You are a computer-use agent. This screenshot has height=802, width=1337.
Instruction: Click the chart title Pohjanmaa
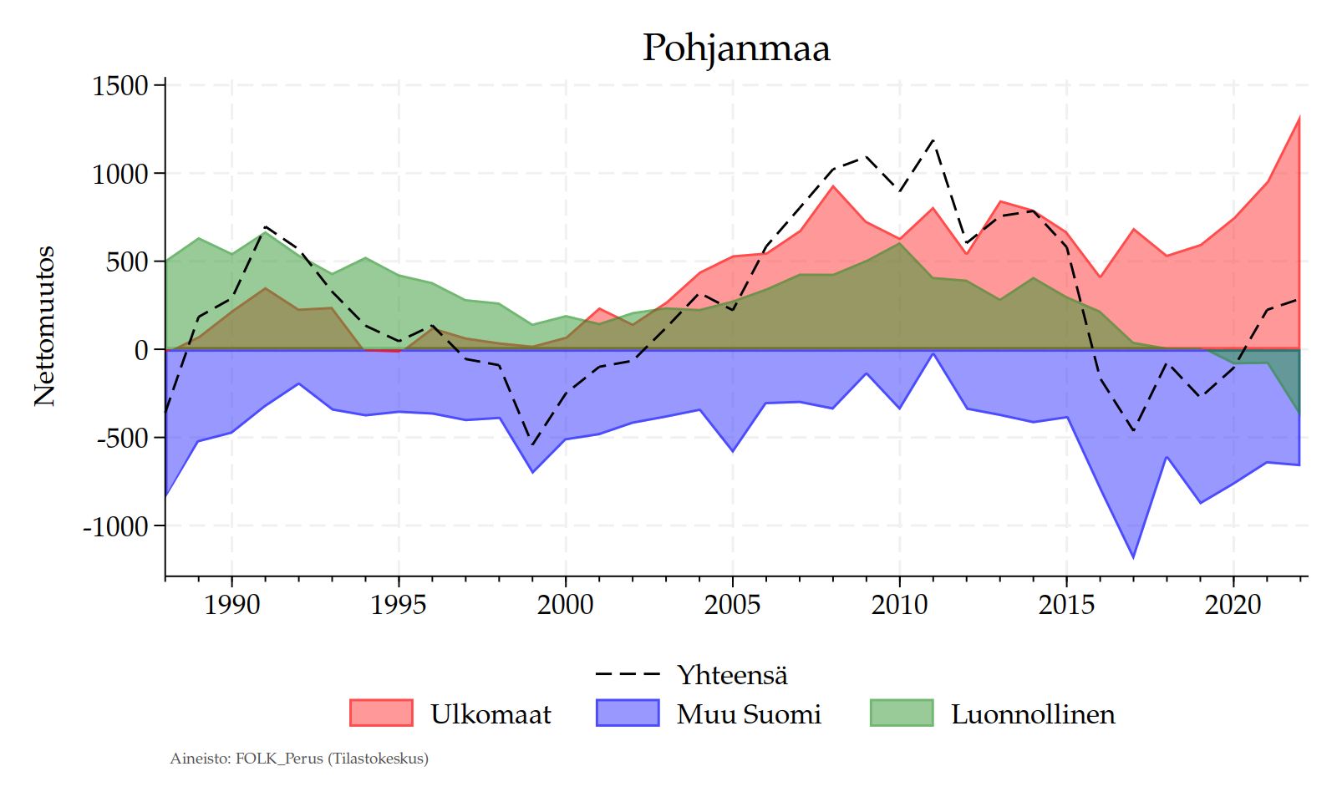coord(735,48)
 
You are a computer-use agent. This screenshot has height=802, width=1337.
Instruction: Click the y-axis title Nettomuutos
coord(44,326)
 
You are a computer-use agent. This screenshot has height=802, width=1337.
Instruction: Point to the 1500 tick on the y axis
coord(120,85)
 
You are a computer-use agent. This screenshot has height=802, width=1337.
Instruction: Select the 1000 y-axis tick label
coord(120,174)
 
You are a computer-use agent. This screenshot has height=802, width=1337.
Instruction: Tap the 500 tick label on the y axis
coord(128,261)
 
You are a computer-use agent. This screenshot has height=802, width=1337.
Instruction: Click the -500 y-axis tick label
coord(122,438)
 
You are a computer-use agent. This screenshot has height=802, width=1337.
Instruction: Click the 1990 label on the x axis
coord(231,604)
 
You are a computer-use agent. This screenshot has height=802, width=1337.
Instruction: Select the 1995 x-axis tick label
coord(399,604)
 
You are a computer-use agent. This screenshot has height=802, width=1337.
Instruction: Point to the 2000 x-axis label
coord(566,604)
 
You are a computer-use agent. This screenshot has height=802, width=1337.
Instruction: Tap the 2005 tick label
coord(733,604)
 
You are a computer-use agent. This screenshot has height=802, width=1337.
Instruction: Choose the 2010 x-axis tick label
coord(900,604)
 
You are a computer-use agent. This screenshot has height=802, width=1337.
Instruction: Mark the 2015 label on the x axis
coord(1066,604)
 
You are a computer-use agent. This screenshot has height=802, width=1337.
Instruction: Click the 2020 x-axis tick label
coord(1233,604)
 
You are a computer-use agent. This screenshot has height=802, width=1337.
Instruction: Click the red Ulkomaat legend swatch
coord(381,713)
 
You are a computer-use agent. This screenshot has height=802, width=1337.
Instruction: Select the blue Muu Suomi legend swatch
coord(628,713)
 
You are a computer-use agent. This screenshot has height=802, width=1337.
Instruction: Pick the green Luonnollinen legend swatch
coord(902,713)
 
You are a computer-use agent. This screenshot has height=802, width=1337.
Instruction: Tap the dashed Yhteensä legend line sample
coord(628,674)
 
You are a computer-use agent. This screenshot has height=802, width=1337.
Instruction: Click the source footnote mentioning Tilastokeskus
coord(299,759)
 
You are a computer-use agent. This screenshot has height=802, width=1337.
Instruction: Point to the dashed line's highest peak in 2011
coord(933,140)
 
